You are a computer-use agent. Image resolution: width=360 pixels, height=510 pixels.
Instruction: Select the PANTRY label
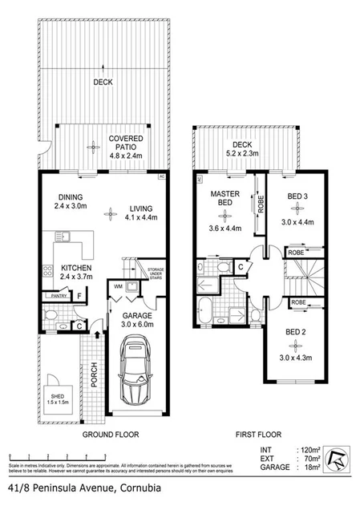click(58, 296)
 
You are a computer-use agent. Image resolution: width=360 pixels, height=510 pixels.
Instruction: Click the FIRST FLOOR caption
click(257, 435)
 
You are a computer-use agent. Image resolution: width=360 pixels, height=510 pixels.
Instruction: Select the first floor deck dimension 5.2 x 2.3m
click(243, 156)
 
